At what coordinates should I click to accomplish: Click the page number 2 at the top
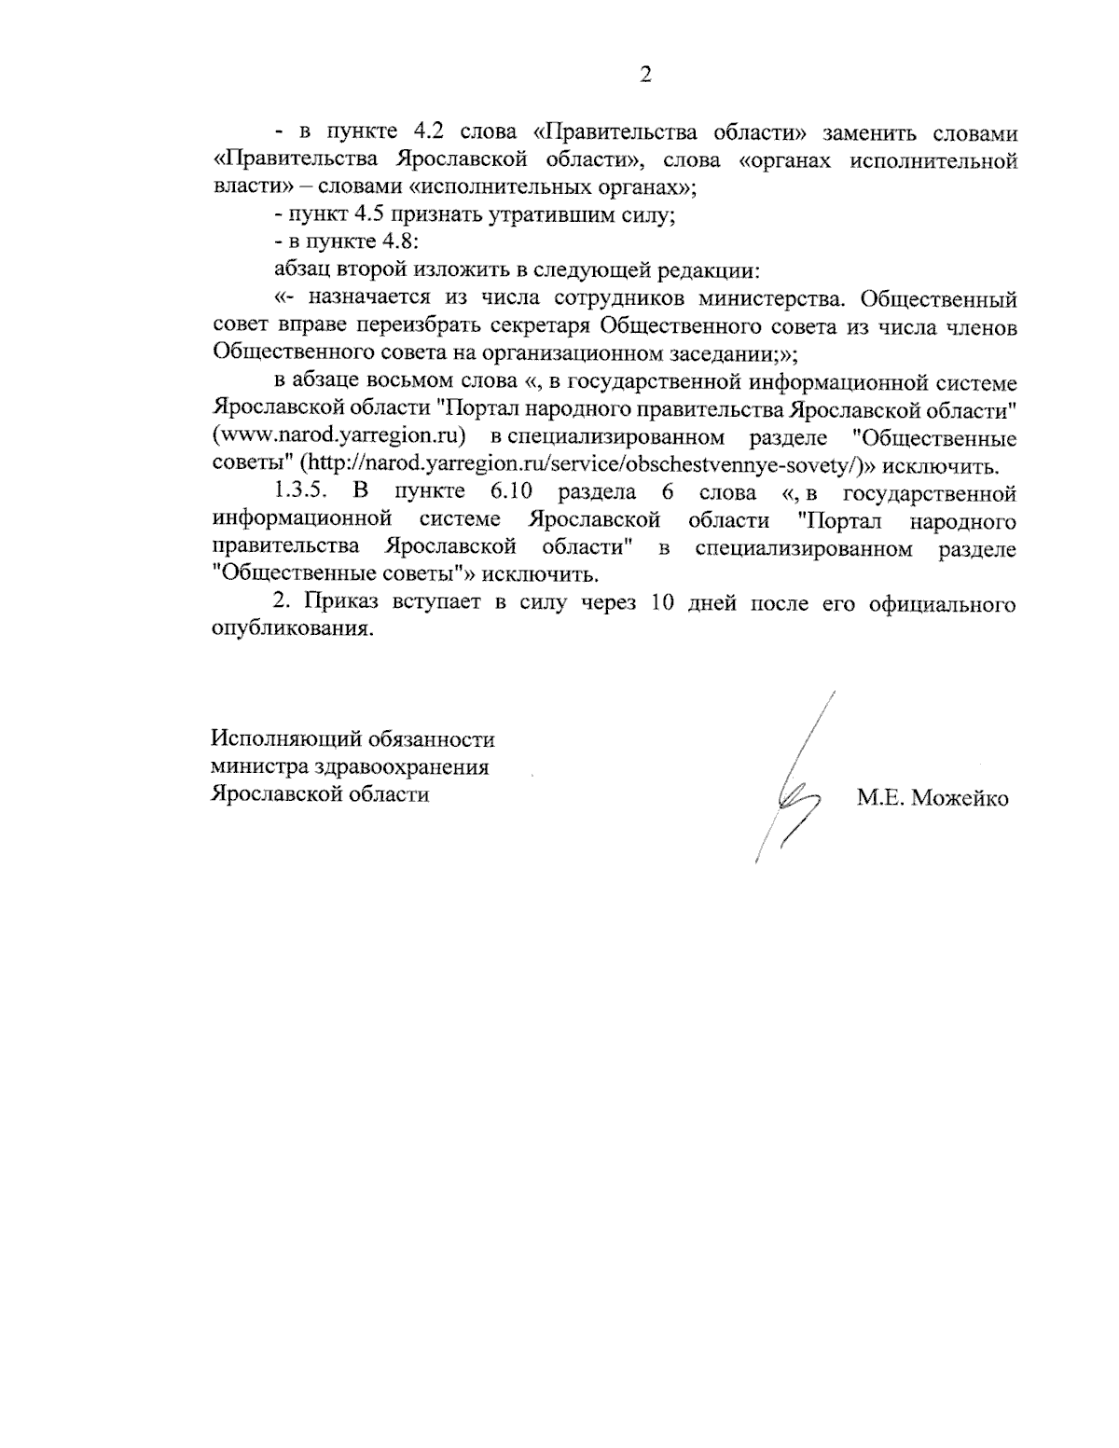[644, 76]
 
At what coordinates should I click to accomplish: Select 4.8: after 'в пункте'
[401, 242]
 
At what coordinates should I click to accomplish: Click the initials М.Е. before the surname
[878, 798]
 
